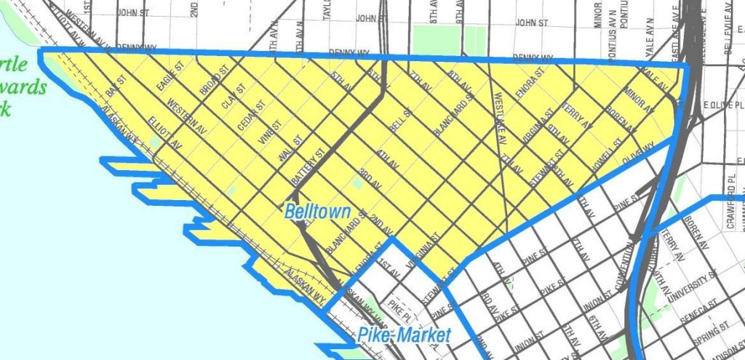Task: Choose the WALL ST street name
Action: [x=290, y=149]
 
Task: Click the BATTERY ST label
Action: [x=312, y=166]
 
